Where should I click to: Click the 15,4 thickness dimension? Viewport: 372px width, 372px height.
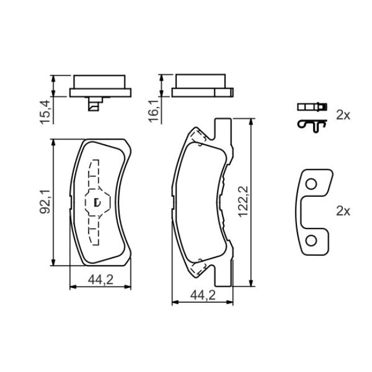45,112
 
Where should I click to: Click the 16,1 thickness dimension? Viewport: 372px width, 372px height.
153,111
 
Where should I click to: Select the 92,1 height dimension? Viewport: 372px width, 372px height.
45,201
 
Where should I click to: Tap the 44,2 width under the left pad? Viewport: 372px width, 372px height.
101,280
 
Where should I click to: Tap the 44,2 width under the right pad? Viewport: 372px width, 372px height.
203,295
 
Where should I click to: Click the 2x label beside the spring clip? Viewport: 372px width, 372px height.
343,116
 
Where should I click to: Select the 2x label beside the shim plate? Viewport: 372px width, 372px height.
343,211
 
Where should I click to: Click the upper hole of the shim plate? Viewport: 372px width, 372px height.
311,184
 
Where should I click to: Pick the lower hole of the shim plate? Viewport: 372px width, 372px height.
311,241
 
